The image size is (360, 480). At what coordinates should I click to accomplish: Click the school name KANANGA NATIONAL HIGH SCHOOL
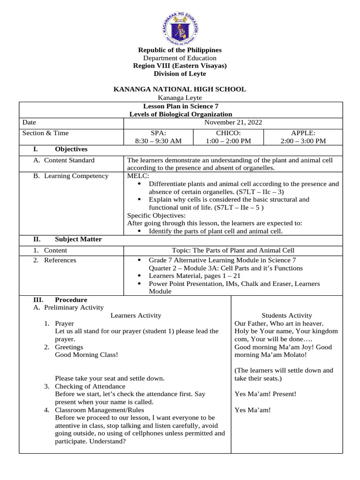[x=180, y=89]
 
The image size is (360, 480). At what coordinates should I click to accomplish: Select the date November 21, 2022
[x=233, y=122]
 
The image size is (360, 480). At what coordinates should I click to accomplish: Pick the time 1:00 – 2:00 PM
[x=228, y=141]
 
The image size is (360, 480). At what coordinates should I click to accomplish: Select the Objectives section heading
[x=71, y=150]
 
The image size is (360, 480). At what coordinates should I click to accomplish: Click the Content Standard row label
[x=69, y=160]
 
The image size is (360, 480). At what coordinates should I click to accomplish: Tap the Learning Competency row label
[x=76, y=176]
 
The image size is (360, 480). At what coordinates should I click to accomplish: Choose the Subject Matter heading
[x=78, y=240]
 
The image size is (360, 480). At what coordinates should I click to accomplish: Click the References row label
[x=60, y=260]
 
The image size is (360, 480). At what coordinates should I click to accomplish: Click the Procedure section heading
[x=71, y=300]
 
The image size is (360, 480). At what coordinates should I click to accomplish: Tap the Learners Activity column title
[x=135, y=315]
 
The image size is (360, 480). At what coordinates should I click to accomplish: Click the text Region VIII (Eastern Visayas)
[x=180, y=66]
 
